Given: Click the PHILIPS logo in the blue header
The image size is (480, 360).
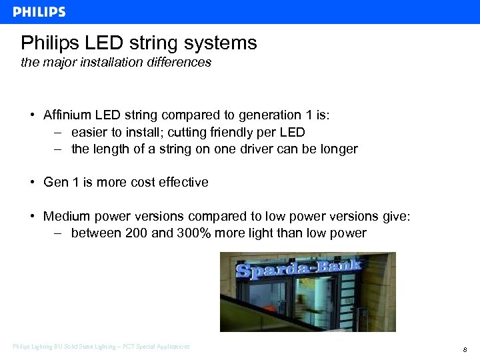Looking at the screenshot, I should pos(39,12).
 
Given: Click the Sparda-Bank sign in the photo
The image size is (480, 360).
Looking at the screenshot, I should pos(298,269).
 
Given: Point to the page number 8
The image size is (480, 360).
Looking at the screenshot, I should pos(464,349).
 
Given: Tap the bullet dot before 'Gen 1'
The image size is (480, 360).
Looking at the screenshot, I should pos(32,182).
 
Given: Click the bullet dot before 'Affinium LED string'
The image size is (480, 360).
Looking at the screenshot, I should pos(32,115).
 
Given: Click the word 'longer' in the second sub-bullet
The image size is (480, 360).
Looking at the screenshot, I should pos(338,149).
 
